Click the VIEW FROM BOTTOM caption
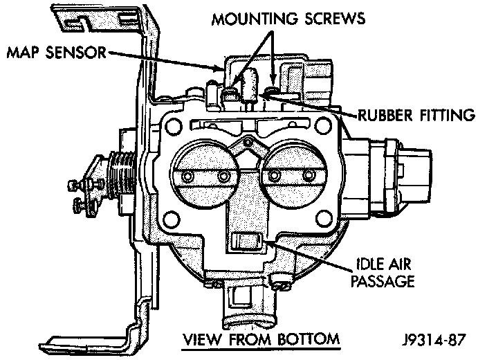[x=260, y=339]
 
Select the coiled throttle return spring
[x=122, y=177]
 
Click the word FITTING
[x=450, y=115]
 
